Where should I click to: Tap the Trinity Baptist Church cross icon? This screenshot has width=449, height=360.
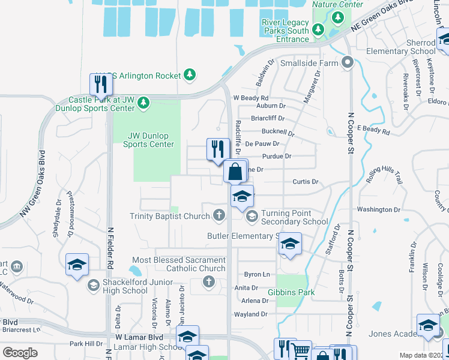[220, 214]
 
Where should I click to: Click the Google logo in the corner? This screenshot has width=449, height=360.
[20, 353]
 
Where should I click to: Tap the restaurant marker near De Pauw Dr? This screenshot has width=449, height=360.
[218, 149]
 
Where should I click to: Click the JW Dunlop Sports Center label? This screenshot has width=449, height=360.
[148, 140]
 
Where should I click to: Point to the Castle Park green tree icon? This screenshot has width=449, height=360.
[143, 103]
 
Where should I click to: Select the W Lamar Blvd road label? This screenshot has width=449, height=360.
[139, 337]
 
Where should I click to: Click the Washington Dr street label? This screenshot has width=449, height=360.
[378, 209]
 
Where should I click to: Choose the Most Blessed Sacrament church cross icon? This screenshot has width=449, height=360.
[209, 282]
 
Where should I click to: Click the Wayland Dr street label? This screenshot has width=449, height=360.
[250, 314]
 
